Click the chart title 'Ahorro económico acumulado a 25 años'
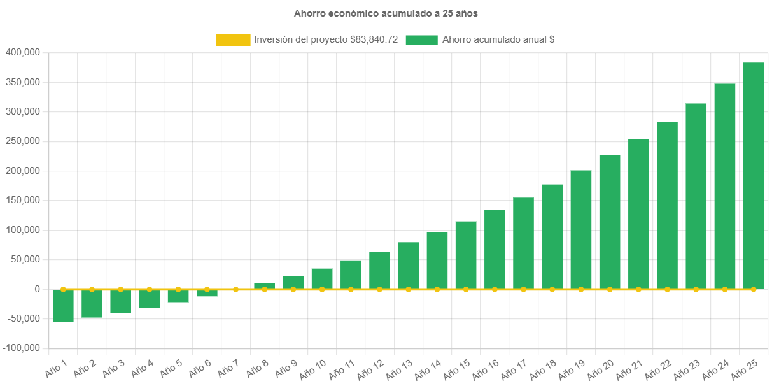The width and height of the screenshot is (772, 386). (385, 13)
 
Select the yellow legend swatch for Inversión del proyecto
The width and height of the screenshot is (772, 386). (233, 40)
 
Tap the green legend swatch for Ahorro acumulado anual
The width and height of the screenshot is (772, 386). (421, 40)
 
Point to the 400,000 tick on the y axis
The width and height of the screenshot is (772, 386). (23, 52)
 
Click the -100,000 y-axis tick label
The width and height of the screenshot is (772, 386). (22, 348)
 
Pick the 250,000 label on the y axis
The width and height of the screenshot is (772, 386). (23, 141)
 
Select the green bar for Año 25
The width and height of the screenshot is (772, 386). (754, 175)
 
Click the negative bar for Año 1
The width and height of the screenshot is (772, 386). (63, 306)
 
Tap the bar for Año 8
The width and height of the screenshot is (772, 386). (264, 285)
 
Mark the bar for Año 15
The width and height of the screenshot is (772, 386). (466, 255)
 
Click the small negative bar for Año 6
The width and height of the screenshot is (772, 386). (207, 294)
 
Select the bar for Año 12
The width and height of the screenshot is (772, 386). (379, 270)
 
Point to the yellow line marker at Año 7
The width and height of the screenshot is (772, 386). (235, 289)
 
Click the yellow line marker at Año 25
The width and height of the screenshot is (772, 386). (754, 289)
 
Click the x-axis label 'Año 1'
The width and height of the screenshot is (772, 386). (57, 367)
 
